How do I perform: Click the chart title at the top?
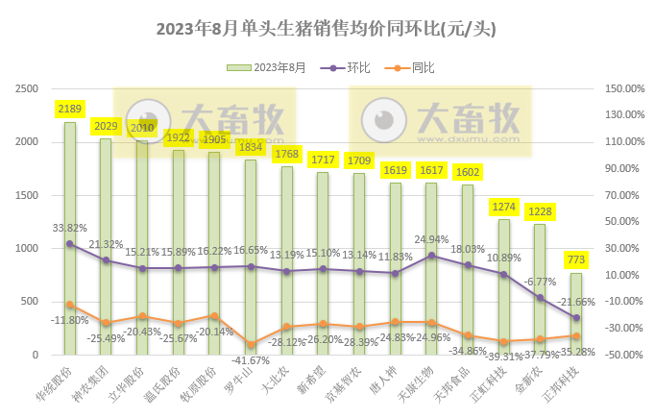click(327, 28)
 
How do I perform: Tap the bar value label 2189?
click(69, 110)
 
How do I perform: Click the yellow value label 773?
click(574, 260)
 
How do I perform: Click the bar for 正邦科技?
click(575, 313)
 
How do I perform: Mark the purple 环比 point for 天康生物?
click(431, 256)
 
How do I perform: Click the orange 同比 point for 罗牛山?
click(251, 344)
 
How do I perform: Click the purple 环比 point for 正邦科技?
click(575, 317)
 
